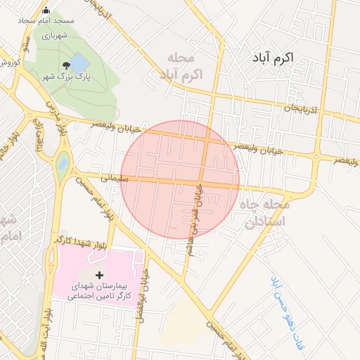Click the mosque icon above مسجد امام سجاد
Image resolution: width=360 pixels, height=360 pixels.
[46, 11]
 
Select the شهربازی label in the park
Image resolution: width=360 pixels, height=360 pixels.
[53, 34]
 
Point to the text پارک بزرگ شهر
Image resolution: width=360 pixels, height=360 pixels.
[65, 75]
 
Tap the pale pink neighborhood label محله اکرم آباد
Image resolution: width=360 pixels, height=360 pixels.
[186, 65]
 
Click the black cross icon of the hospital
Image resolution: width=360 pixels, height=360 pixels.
[98, 274]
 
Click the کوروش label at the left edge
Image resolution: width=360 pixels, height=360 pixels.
[8, 62]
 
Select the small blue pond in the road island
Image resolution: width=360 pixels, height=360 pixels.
[63, 163]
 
